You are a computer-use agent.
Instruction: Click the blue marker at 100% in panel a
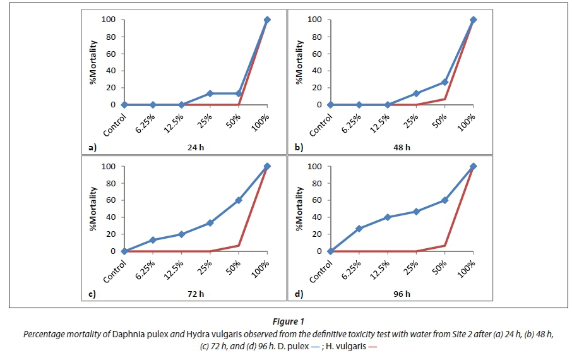point(267,20)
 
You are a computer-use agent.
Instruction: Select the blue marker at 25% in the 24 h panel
point(210,93)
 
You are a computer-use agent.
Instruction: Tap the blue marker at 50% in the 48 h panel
point(445,82)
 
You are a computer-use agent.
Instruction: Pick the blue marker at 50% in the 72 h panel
point(239,200)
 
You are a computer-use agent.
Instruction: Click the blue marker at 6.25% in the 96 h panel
point(359,229)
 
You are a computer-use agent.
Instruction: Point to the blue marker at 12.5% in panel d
point(387,217)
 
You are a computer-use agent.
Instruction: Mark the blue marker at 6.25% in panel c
point(153,240)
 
